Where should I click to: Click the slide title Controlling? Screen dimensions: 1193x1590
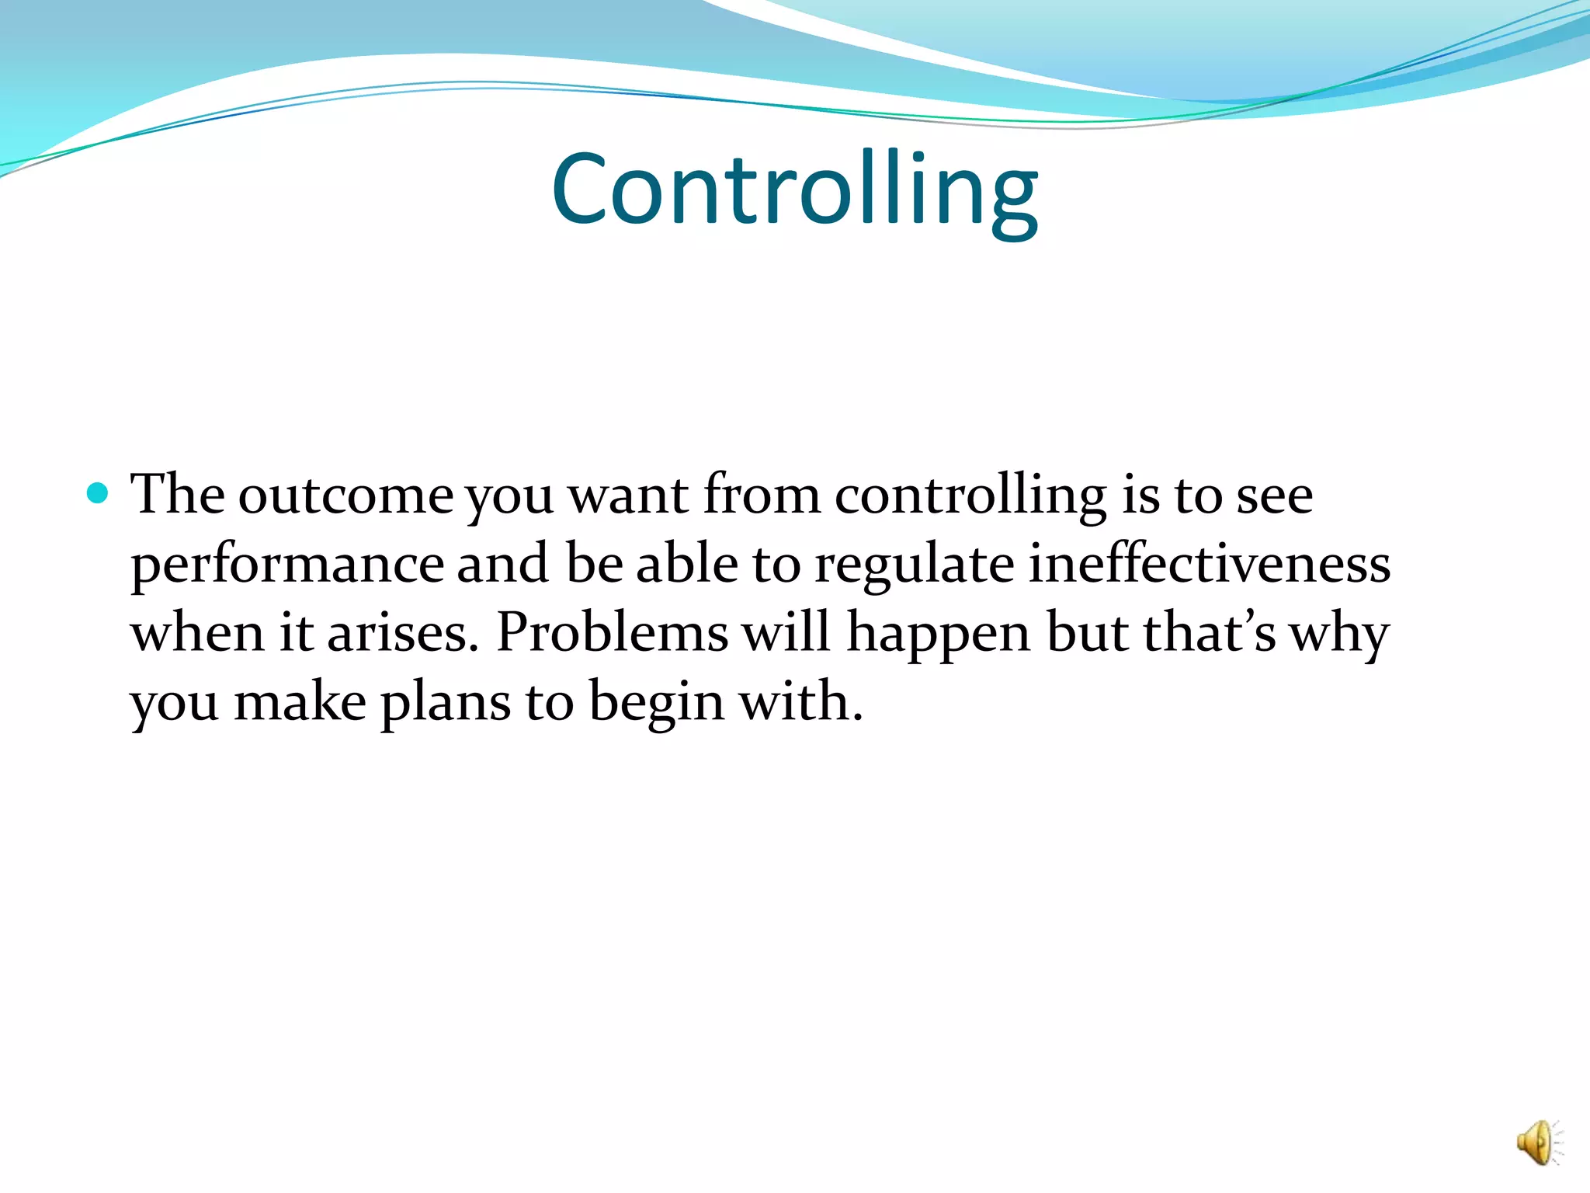click(794, 190)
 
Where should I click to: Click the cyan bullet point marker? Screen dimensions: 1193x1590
click(97, 493)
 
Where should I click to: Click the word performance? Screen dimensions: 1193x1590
click(287, 565)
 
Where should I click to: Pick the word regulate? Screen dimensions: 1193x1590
click(914, 565)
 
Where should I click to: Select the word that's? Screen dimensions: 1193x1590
click(1209, 632)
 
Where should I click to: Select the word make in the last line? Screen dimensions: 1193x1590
click(300, 702)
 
